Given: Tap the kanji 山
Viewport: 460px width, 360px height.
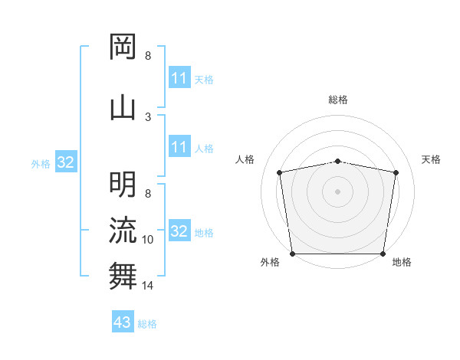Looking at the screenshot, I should click(123, 107).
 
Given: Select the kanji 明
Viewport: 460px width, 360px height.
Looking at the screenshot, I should click(123, 184).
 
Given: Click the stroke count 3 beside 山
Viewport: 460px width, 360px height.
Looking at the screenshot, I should click(148, 116).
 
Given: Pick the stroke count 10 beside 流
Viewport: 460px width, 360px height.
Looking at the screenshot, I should click(148, 240).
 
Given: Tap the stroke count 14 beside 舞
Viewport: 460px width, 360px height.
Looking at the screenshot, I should click(148, 286).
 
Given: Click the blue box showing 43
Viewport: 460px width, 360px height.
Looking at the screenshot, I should click(123, 322).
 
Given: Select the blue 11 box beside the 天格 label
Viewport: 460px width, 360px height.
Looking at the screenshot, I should click(179, 78).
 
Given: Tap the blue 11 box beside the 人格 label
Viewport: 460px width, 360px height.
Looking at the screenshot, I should click(179, 147).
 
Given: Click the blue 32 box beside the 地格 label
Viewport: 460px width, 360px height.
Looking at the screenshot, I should click(179, 231).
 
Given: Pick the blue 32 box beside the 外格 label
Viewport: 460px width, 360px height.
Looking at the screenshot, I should click(65, 162).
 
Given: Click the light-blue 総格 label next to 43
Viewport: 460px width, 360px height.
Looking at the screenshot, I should click(147, 324).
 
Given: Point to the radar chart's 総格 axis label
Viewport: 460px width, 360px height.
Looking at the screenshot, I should click(338, 100).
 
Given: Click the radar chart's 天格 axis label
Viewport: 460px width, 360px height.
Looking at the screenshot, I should click(432, 159).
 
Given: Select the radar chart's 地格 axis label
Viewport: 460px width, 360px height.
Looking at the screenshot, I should click(402, 262).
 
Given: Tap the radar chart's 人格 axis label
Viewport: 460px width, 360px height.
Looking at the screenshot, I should click(245, 159).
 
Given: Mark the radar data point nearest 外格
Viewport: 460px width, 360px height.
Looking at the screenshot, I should click(292, 253).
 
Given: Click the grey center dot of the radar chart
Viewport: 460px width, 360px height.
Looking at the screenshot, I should click(338, 191).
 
